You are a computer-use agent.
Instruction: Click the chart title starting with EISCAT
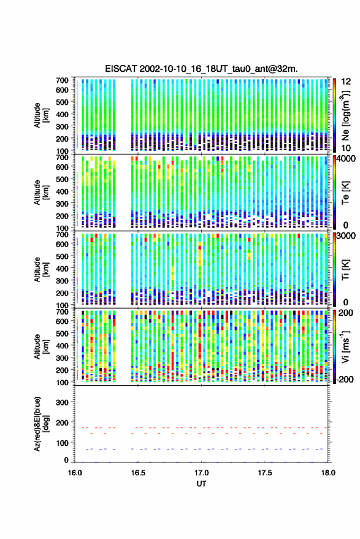201,69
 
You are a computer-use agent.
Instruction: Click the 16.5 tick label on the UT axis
138,473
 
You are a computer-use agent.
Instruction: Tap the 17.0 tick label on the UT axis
202,473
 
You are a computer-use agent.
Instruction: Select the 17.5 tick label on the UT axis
264,473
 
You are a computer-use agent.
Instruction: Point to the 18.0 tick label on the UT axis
328,473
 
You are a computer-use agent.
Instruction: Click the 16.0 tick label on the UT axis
75,473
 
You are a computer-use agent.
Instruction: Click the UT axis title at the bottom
202,484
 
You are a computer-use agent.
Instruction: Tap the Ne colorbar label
345,115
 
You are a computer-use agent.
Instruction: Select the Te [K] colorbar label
345,193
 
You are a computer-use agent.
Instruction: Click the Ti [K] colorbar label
345,270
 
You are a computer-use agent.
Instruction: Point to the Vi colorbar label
345,346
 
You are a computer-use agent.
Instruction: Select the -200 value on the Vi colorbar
345,380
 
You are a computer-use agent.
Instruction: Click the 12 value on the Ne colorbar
347,82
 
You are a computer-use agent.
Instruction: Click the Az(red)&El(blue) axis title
40,424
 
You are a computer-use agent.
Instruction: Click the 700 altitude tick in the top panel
62,80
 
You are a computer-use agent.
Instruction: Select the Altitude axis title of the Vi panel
40,346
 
